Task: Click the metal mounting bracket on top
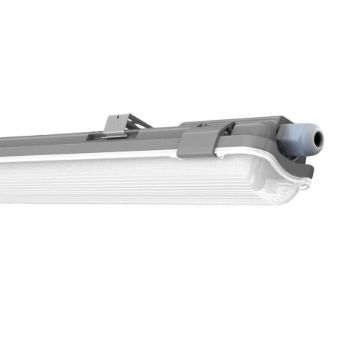(119, 125)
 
